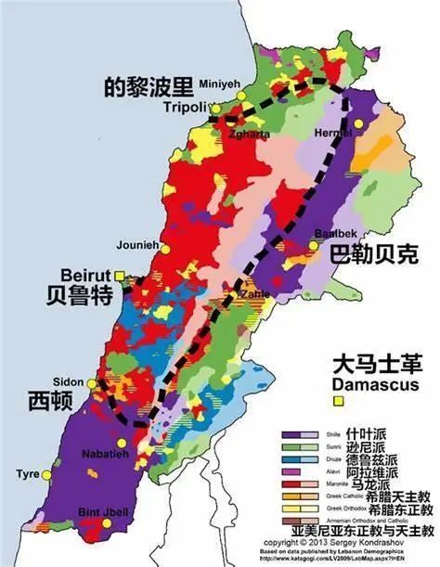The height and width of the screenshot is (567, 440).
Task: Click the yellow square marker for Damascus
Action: point(340,401)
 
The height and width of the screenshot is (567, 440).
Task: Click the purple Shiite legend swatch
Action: point(299,433)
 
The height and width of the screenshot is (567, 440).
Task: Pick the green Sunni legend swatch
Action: point(299,446)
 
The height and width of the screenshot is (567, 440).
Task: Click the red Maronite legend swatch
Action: point(299,484)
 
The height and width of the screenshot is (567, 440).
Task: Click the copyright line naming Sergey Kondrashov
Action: point(340,540)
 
